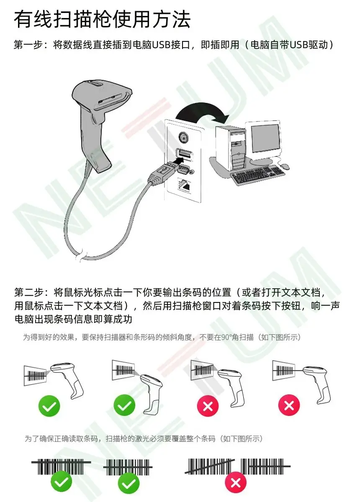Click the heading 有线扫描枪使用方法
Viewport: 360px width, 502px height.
[102, 20]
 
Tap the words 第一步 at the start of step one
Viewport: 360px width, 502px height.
[28, 45]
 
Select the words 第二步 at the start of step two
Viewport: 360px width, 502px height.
[28, 292]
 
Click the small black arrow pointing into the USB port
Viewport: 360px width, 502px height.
[178, 161]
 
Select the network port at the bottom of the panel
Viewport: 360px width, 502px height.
[185, 184]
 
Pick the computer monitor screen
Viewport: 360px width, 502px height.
[266, 138]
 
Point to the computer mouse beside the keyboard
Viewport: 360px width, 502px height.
[285, 166]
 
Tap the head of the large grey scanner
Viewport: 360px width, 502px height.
[102, 95]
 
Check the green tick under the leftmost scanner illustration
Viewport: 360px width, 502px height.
[49, 406]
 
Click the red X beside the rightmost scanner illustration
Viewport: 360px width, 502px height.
[289, 405]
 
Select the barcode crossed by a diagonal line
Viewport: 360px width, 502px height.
[210, 466]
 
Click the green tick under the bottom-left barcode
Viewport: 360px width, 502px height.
[61, 482]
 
